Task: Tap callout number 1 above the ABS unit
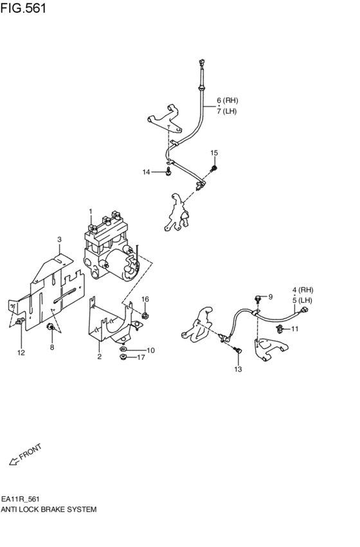(x=91, y=211)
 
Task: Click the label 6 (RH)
(x=227, y=100)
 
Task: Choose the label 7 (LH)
(x=227, y=112)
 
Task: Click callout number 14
(x=147, y=172)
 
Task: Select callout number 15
(x=215, y=153)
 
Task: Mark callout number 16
(x=145, y=300)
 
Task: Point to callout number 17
(x=150, y=357)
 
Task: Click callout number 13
(x=238, y=370)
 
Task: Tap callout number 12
(x=21, y=352)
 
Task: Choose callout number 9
(x=271, y=296)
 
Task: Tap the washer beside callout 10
(x=124, y=350)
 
